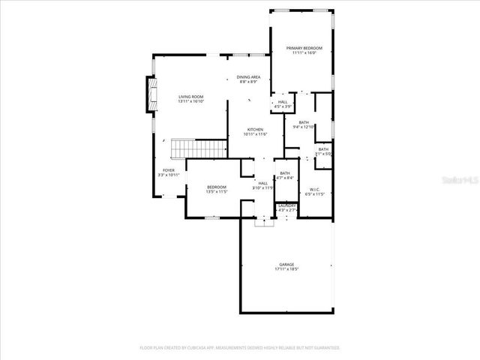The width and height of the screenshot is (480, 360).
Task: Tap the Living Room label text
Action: (x=190, y=97)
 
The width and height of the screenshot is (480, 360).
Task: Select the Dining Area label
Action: (x=248, y=77)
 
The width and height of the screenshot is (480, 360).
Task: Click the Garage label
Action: (x=286, y=264)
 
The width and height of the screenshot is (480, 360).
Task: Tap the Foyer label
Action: (x=169, y=170)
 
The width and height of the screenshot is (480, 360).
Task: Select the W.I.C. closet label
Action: (x=315, y=189)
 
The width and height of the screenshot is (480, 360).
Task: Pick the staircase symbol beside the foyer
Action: (x=199, y=148)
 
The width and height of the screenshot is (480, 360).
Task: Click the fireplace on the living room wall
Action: (x=150, y=97)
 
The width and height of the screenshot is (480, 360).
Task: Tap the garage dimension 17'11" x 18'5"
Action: (x=286, y=269)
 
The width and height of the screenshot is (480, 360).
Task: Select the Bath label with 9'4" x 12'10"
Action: (x=304, y=122)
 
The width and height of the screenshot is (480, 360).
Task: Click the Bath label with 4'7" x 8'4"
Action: (x=285, y=173)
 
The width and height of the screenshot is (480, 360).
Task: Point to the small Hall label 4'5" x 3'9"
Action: (x=283, y=102)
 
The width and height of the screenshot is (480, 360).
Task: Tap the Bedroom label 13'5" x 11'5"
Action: (x=216, y=187)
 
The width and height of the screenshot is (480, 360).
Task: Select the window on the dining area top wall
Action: (x=249, y=55)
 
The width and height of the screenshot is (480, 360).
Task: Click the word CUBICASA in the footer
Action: (x=202, y=348)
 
